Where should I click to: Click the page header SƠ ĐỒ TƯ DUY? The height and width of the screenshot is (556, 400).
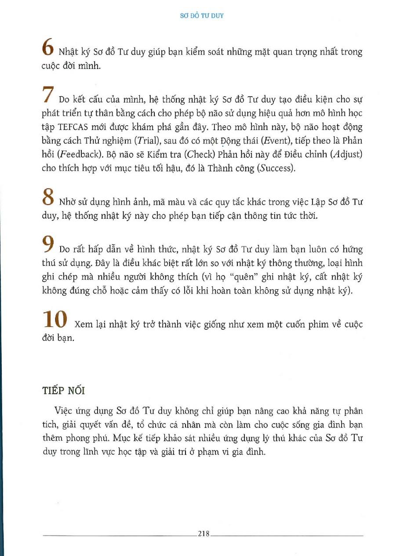click(202, 15)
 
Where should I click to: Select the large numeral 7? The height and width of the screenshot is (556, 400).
click(49, 94)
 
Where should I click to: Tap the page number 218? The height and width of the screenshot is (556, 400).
click(204, 534)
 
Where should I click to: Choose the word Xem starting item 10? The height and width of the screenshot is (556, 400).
click(85, 324)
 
